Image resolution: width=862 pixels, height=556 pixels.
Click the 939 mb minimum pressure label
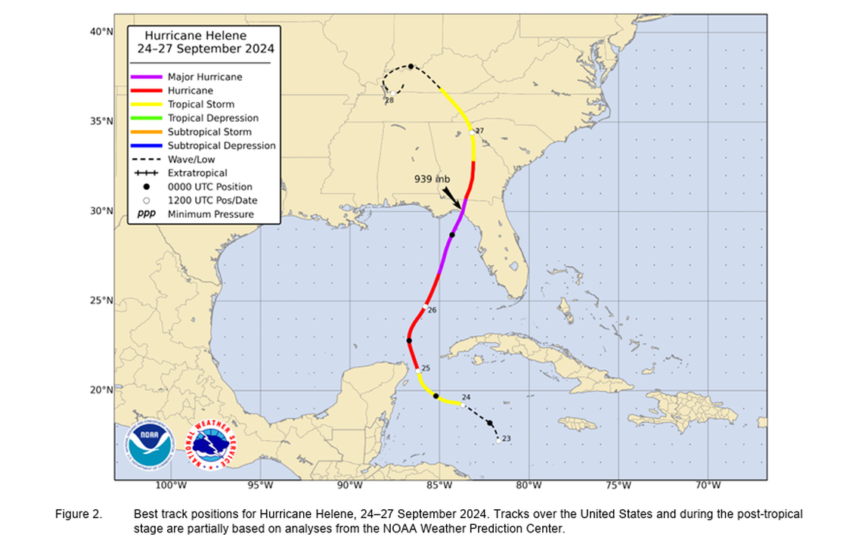coord(432,179)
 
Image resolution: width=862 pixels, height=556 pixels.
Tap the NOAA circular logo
coord(150,443)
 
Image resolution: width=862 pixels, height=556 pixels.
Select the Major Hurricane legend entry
coord(205,77)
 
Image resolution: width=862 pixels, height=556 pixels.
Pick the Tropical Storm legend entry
coord(201,104)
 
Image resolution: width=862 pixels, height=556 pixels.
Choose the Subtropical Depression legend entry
coord(222,145)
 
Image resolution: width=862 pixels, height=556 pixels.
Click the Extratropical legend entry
coord(197,173)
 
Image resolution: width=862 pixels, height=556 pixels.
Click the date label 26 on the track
coord(432,310)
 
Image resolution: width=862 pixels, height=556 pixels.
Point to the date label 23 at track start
coord(507,439)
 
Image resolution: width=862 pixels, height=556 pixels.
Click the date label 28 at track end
coord(389,100)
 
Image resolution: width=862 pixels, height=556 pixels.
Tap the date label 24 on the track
coord(466,397)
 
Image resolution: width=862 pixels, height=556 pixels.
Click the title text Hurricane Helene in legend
coord(195,35)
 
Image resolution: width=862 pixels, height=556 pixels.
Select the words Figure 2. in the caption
coord(78,514)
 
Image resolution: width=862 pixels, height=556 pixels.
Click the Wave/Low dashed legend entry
coord(191,159)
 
